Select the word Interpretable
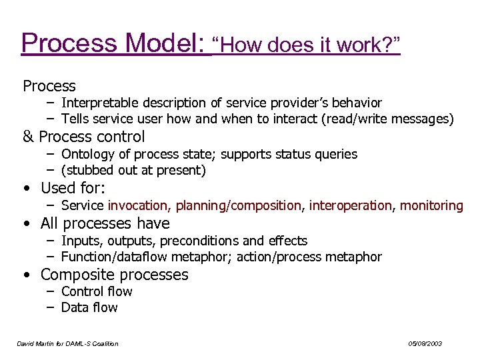[x=99, y=103]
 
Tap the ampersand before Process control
[x=28, y=137]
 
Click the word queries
[x=336, y=154]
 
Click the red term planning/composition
[x=238, y=205]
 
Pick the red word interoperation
[x=351, y=205]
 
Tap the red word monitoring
[x=431, y=205]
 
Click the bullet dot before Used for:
[x=25, y=189]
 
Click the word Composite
[x=75, y=275]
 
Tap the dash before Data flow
[x=51, y=307]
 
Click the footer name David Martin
[x=38, y=343]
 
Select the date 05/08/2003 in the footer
[x=425, y=343]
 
